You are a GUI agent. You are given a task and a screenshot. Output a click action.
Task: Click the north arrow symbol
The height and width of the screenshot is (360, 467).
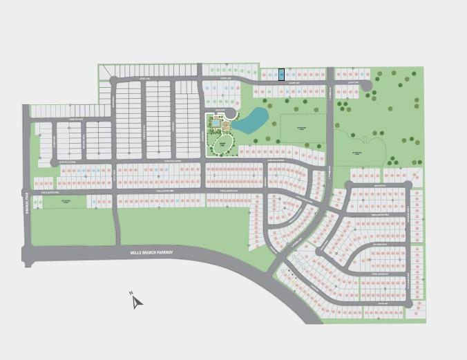pos(137,301)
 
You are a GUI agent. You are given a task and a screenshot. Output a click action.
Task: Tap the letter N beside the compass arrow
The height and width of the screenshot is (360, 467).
pos(131,294)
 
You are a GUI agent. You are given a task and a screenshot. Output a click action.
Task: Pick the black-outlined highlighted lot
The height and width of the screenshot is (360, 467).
pos(281,74)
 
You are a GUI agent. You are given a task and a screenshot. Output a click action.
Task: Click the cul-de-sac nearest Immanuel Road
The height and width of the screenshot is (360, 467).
pos(54,162)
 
